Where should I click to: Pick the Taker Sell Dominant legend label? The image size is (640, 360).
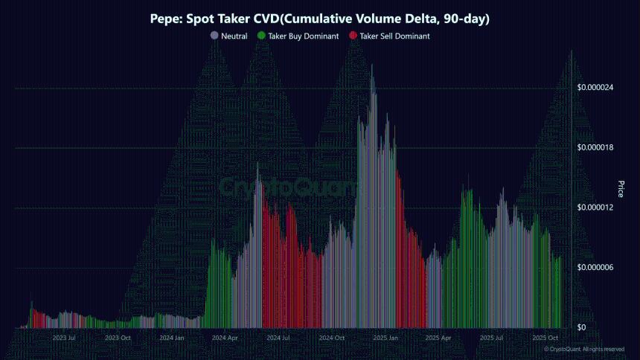point(395,36)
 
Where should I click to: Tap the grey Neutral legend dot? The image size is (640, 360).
point(215,36)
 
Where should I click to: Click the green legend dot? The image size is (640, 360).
point(261,36)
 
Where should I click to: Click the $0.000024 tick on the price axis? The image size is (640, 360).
point(595,88)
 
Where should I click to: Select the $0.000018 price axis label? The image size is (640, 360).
point(595,147)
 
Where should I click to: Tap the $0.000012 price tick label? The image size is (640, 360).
point(595,208)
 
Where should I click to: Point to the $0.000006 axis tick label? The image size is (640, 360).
point(595,267)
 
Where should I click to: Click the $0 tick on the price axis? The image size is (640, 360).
point(583,327)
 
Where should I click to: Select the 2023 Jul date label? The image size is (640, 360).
point(65,338)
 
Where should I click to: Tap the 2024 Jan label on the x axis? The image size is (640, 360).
point(171,338)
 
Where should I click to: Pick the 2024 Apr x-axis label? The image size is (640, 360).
point(225,338)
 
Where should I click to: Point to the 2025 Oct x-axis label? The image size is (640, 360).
point(545,338)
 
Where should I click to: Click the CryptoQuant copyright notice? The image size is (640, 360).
point(584,349)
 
